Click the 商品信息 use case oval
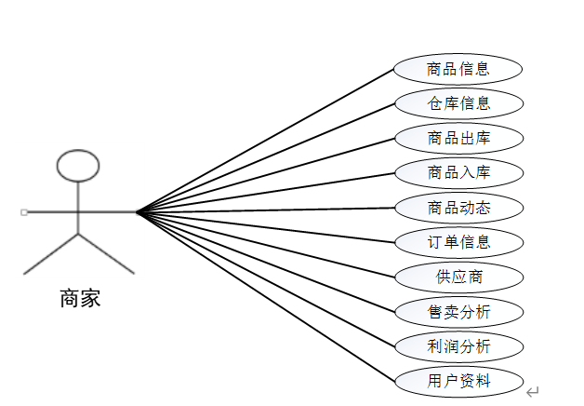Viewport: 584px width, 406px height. [x=458, y=68]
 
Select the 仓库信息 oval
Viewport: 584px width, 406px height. [x=458, y=102]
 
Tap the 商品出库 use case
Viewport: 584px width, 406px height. [x=458, y=138]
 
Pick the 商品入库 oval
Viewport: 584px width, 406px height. [x=458, y=172]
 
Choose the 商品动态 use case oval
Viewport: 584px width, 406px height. [x=458, y=208]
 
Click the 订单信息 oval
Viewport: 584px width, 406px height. [x=458, y=242]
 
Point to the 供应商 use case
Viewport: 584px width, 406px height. [x=458, y=277]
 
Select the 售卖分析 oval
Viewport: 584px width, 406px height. [x=458, y=312]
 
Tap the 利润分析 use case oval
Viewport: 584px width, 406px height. [x=458, y=346]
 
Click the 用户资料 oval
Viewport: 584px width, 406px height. [x=458, y=381]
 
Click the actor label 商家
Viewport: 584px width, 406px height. [x=79, y=299]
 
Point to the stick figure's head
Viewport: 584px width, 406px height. [x=77, y=165]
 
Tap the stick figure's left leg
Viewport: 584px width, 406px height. [x=50, y=253]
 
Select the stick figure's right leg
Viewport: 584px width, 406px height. [x=106, y=253]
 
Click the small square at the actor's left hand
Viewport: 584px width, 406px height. [x=24, y=212]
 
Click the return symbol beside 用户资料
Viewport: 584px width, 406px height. [x=532, y=392]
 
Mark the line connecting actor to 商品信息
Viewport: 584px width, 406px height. [x=265, y=141]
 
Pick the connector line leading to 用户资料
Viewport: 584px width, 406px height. [x=265, y=296]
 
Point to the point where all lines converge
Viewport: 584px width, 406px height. [x=137, y=212]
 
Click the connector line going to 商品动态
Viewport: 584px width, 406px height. [x=265, y=210]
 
